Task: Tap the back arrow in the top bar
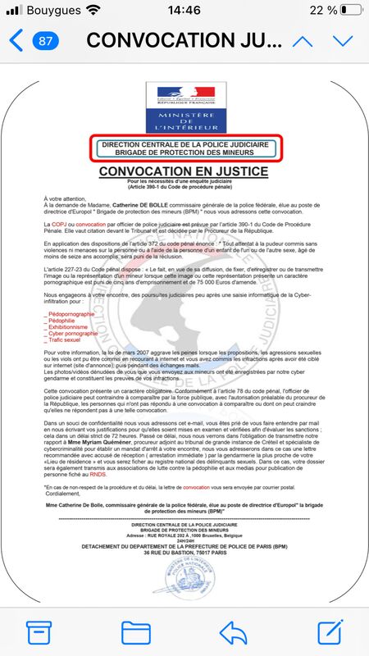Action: pos(16,40)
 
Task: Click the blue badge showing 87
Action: pos(46,40)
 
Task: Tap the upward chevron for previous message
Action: pos(303,41)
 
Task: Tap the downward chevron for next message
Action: pos(343,41)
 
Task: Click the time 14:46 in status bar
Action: pos(184,10)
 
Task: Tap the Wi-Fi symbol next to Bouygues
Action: pos(93,10)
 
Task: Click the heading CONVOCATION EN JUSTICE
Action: pos(184,171)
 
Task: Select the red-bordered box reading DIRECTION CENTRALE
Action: pos(184,149)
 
